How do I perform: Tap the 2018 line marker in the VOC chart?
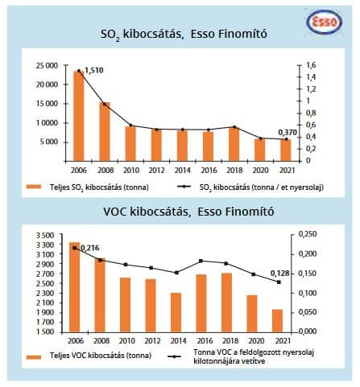coord(226,263)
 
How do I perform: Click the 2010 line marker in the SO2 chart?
coord(131,126)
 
